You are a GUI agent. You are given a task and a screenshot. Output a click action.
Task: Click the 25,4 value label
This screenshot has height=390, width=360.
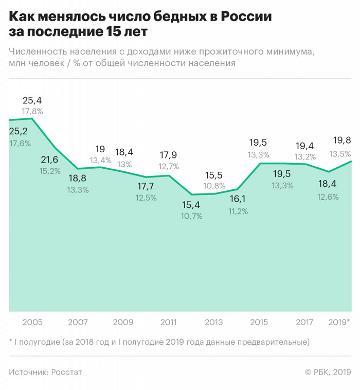(x=32, y=100)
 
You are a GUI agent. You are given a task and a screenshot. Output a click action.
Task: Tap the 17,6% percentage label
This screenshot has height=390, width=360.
(x=20, y=144)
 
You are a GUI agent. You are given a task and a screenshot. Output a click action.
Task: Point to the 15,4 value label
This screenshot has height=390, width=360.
(x=191, y=205)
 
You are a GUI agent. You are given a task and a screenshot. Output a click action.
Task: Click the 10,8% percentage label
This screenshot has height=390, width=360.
(x=214, y=186)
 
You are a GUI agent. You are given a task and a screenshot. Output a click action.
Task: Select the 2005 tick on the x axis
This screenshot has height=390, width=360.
(x=32, y=323)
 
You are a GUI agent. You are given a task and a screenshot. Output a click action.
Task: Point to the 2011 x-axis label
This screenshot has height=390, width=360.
(x=169, y=323)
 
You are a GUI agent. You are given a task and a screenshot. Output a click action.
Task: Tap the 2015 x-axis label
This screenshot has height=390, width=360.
(x=259, y=323)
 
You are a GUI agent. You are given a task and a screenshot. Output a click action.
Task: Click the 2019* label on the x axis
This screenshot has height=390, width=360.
(x=339, y=323)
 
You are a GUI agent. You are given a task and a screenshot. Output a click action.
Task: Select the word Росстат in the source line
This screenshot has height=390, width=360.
(x=67, y=372)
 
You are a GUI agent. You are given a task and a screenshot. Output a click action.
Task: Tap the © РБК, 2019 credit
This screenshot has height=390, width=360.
(x=328, y=372)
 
